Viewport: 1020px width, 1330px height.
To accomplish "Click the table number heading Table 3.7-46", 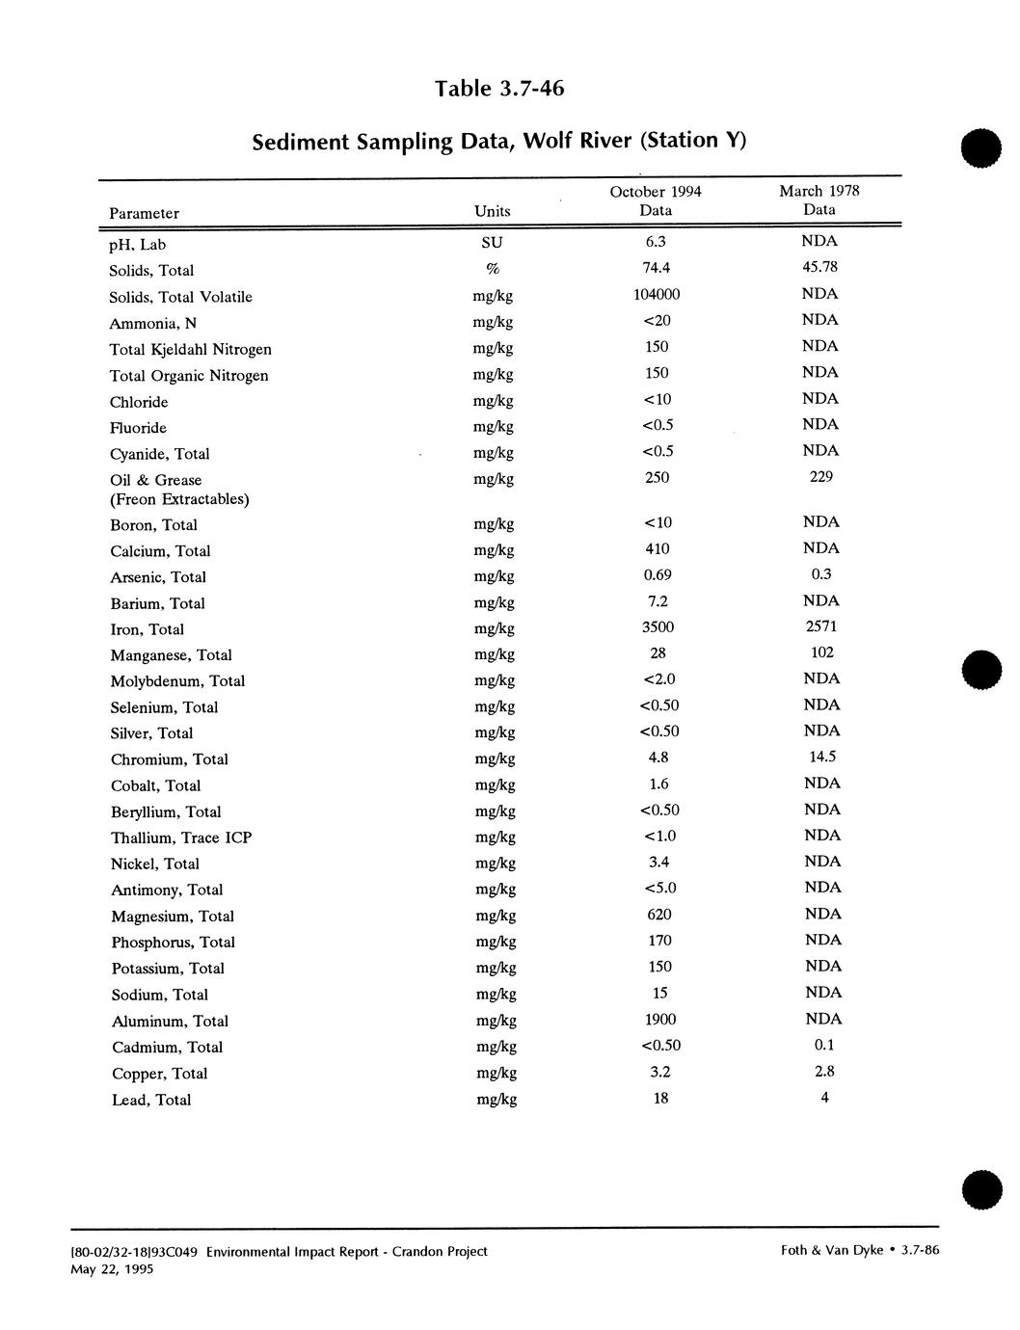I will pos(498,89).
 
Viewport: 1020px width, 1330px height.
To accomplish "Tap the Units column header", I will pos(493,211).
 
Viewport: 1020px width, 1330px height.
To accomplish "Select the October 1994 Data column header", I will pos(656,200).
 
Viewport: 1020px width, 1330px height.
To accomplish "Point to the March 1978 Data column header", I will pos(819,199).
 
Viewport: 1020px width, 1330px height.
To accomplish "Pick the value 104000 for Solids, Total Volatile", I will pos(657,295).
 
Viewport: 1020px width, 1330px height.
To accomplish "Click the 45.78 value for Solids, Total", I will pos(819,267).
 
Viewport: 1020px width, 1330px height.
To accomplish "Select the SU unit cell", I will pos(492,243).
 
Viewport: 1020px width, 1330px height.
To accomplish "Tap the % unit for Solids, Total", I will pos(492,270).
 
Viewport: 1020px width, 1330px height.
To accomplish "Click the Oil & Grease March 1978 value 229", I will pos(820,477).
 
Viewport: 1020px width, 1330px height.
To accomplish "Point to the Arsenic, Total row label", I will pos(158,577).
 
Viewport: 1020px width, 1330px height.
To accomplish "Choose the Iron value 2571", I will pos(820,626).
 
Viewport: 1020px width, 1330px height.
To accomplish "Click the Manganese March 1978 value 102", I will pos(821,652).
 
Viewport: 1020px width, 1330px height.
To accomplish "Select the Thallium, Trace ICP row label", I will pos(181,838).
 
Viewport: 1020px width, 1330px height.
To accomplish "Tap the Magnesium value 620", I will pos(659,915).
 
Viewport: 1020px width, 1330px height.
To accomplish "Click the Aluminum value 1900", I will pos(659,1020).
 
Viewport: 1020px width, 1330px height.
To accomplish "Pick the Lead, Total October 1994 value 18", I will pos(660,1099).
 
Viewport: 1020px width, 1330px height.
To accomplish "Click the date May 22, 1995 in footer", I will pos(112,1269).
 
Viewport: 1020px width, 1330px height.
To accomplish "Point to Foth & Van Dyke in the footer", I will pos(832,1251).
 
